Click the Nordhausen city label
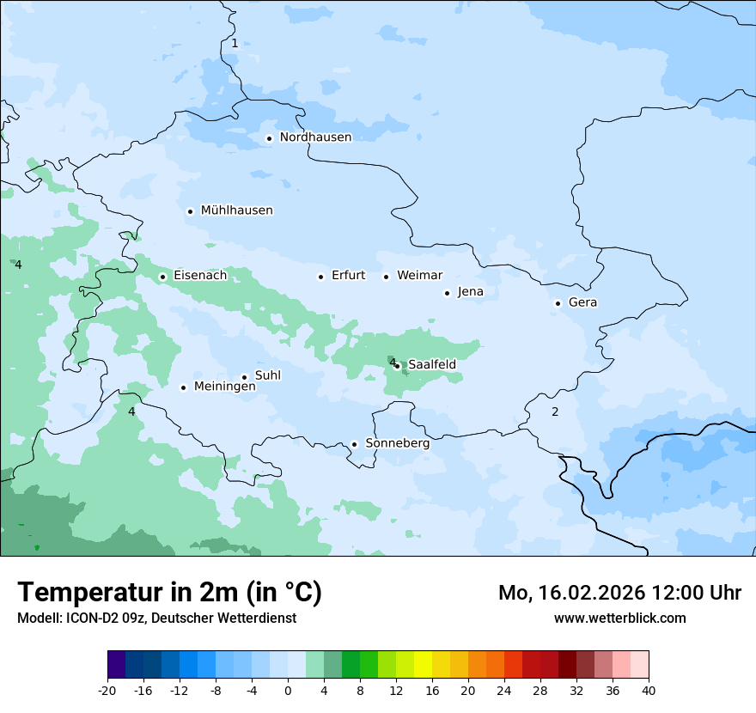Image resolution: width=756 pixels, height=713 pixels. point(315,137)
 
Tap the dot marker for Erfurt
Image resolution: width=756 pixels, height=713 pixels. point(320,277)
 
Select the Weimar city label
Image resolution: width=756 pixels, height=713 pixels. point(419,276)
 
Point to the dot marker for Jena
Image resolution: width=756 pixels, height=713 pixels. point(447,293)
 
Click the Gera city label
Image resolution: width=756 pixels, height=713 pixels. point(582,302)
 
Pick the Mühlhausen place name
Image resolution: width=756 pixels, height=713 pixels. point(236,210)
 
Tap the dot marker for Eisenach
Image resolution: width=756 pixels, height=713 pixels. point(162,277)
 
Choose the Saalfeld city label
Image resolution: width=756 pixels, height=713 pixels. point(431,365)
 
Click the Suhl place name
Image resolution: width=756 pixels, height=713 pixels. point(268,375)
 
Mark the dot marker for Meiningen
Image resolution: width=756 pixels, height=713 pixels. point(183,387)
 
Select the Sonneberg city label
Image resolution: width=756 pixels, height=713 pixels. point(397,443)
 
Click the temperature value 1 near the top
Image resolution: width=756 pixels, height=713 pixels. point(235,43)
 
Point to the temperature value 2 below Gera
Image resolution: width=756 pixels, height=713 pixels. point(555,411)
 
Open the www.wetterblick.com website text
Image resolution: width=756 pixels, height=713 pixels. point(619,618)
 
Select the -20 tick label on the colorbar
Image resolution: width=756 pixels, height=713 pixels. point(107,691)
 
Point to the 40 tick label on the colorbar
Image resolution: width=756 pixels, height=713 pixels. point(649,691)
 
